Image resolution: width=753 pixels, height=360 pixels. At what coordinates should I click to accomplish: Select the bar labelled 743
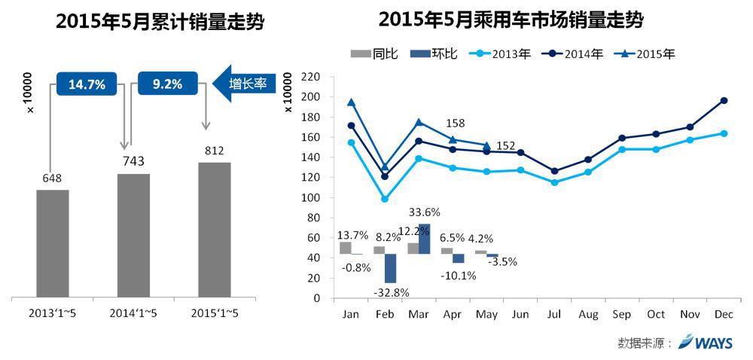click(x=133, y=235)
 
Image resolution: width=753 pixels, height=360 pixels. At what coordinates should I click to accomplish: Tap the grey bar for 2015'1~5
click(x=214, y=229)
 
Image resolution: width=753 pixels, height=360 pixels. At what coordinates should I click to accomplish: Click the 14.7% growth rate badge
click(x=87, y=84)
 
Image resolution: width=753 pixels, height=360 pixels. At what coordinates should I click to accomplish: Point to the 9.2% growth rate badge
click(x=167, y=84)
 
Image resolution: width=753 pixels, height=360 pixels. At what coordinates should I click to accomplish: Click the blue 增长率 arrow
click(x=244, y=84)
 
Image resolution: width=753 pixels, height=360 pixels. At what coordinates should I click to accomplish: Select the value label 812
click(x=214, y=150)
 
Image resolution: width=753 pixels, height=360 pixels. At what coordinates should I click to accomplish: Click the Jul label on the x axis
click(x=555, y=313)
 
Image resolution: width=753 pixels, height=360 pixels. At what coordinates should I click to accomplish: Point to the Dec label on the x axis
click(x=724, y=313)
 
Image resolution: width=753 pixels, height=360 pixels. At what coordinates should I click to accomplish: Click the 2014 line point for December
click(x=724, y=100)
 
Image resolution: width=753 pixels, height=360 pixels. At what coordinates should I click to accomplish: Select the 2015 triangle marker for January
click(x=351, y=102)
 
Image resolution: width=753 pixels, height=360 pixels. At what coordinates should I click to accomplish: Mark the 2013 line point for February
click(x=385, y=199)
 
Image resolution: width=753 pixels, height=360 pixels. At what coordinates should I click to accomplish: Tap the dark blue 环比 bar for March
click(x=424, y=239)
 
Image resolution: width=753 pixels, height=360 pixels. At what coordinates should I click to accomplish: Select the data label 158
click(x=456, y=123)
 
